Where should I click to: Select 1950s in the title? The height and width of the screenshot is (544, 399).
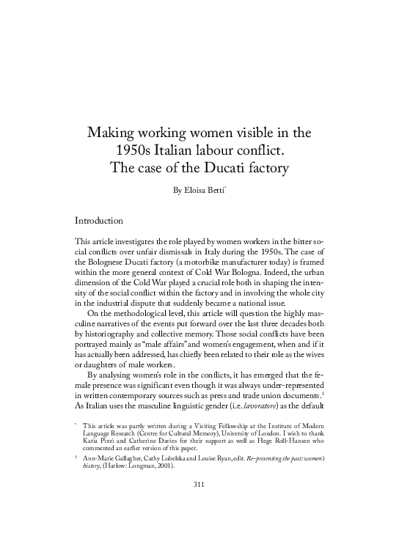coord(138,152)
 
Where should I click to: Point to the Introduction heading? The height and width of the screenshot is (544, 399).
coord(109,219)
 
